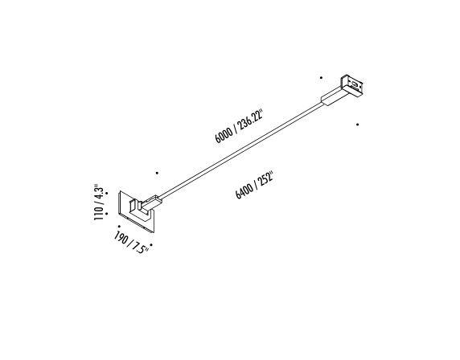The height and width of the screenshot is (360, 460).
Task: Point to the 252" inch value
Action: tap(265, 179)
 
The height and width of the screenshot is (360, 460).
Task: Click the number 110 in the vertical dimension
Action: tap(99, 214)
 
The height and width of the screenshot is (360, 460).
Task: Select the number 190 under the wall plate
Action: tap(121, 238)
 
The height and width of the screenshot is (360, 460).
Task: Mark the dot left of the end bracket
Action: tap(321, 78)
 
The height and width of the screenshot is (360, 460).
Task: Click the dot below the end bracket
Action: tap(357, 125)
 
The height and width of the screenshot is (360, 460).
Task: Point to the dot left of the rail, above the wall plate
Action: tap(157, 174)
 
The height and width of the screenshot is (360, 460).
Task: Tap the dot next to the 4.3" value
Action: tap(107, 193)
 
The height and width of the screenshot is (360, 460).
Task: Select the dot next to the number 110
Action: tap(106, 214)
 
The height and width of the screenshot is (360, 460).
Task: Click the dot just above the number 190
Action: tap(119, 227)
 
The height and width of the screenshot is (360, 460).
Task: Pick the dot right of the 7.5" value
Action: tap(151, 244)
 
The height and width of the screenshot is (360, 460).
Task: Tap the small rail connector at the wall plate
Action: tap(151, 202)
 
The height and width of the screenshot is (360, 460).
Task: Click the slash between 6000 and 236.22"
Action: tap(236, 129)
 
